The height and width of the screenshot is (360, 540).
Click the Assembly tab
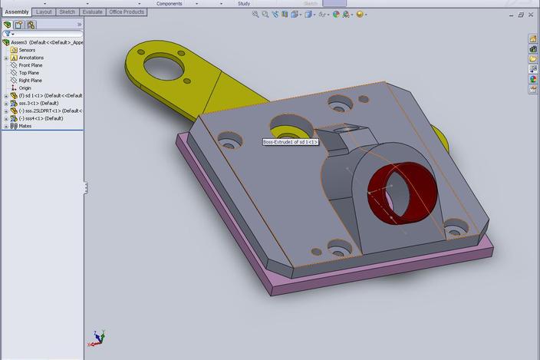[x=17, y=12]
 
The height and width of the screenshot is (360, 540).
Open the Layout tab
[x=44, y=12]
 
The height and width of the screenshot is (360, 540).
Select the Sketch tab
[x=67, y=12]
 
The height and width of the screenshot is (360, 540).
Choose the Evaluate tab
[x=92, y=12]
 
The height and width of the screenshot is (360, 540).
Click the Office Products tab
[x=127, y=12]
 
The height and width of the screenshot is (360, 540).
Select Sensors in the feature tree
[x=27, y=50]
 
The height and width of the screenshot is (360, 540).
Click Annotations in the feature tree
[x=31, y=58]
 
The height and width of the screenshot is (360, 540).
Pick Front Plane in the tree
[x=31, y=65]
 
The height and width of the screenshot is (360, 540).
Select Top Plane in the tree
[x=29, y=73]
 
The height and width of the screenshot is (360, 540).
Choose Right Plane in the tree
[x=31, y=81]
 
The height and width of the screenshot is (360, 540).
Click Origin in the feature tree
[x=25, y=88]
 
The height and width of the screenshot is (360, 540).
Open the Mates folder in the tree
[x=26, y=126]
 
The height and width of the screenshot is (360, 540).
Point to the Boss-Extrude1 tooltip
[x=290, y=142]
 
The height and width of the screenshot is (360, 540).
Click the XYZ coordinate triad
[x=98, y=338]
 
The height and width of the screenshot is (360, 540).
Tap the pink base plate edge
[x=384, y=272]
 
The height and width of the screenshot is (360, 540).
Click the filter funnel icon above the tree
[x=8, y=34]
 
